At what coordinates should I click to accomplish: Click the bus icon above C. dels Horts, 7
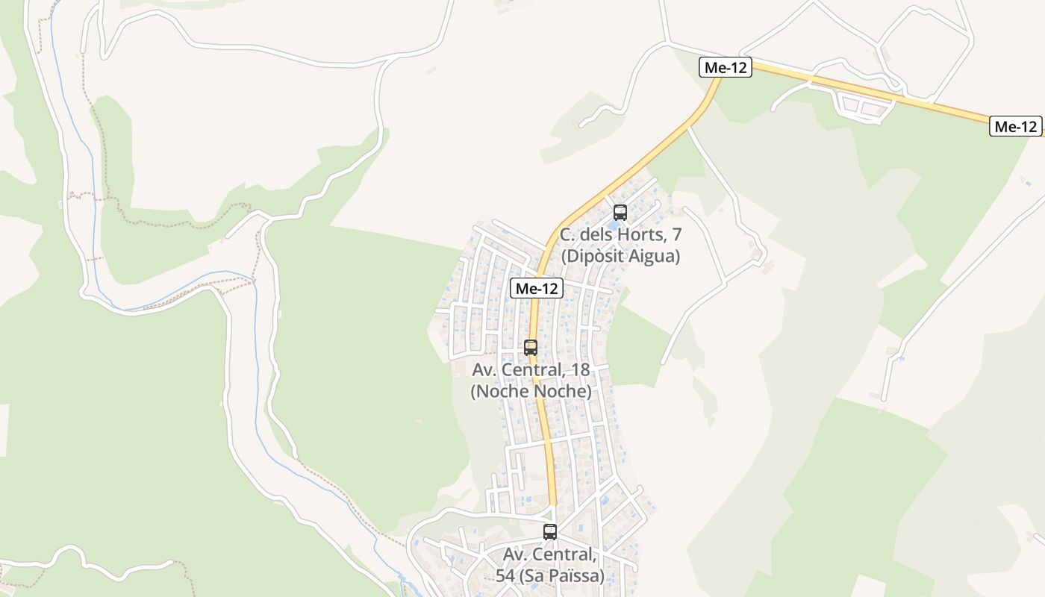pyautogui.click(x=620, y=212)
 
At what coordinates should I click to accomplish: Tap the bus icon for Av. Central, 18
pyautogui.click(x=531, y=347)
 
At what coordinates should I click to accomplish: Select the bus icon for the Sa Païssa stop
pyautogui.click(x=550, y=532)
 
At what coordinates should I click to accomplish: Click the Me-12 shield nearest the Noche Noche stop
pyautogui.click(x=537, y=289)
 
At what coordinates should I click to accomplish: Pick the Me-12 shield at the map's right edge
pyautogui.click(x=1016, y=127)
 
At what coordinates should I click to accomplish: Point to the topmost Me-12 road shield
pyautogui.click(x=726, y=68)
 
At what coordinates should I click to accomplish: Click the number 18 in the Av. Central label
pyautogui.click(x=579, y=369)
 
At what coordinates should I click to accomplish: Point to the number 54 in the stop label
pyautogui.click(x=505, y=576)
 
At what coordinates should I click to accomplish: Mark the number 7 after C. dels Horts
pyautogui.click(x=676, y=235)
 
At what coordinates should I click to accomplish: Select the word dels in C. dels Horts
pyautogui.click(x=597, y=235)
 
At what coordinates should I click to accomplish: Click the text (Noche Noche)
pyautogui.click(x=531, y=391)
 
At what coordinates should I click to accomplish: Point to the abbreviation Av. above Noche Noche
pyautogui.click(x=485, y=369)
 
